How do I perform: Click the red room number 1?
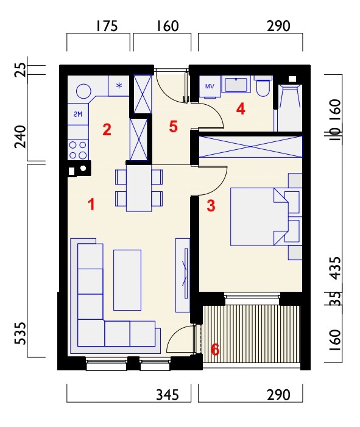click(x=92, y=205)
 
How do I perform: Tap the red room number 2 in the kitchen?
click(x=107, y=130)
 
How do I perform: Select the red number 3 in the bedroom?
click(x=211, y=206)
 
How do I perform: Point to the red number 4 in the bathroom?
click(x=241, y=109)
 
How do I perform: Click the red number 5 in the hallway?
click(x=174, y=126)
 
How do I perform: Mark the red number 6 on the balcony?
click(x=215, y=350)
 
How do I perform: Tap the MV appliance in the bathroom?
click(x=210, y=86)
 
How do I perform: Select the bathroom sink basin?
click(x=236, y=85)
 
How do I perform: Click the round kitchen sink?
click(x=83, y=91)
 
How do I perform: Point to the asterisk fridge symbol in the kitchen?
click(x=119, y=85)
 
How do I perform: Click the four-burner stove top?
click(x=78, y=150)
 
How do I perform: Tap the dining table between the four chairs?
click(x=139, y=188)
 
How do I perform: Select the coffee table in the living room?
click(x=127, y=280)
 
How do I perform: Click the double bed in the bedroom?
click(x=259, y=217)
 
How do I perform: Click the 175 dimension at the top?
click(x=107, y=26)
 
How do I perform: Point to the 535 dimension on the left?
click(x=21, y=333)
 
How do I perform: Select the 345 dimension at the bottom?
click(x=168, y=395)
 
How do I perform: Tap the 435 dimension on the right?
click(x=335, y=268)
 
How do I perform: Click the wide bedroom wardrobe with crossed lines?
click(x=250, y=147)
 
